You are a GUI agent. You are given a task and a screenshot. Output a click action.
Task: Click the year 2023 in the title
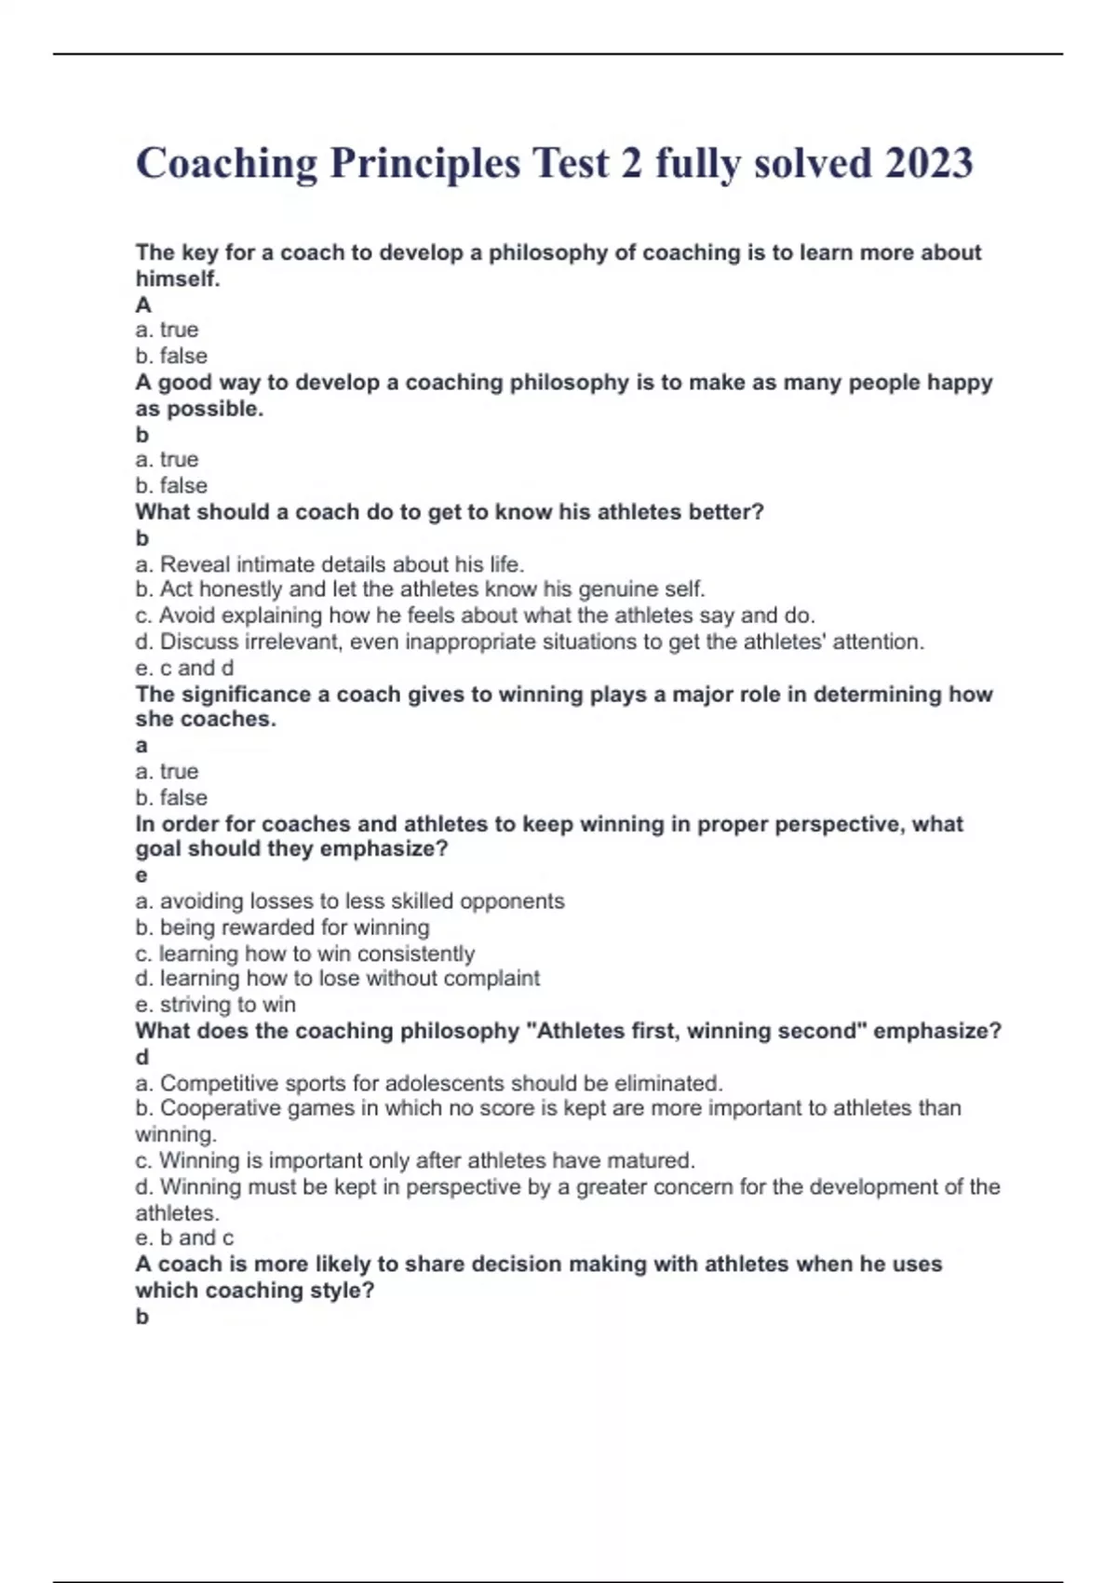tap(928, 163)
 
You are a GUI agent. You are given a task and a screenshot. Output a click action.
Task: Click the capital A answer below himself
tap(142, 304)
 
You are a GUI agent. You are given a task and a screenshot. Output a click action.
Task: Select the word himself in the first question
tap(177, 278)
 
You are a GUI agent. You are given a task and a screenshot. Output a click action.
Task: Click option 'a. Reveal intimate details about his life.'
tap(330, 564)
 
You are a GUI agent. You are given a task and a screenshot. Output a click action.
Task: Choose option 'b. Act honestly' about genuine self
tap(420, 589)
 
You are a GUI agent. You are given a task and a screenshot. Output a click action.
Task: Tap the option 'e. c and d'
tap(184, 668)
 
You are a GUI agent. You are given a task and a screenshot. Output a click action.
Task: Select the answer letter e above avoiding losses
tap(141, 874)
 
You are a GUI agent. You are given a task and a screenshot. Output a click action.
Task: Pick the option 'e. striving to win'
tap(215, 1005)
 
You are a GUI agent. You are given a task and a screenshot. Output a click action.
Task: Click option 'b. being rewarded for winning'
tap(282, 927)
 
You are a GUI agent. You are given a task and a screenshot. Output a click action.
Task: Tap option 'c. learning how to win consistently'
tap(304, 954)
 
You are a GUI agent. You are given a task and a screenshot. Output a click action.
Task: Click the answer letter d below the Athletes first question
tap(141, 1057)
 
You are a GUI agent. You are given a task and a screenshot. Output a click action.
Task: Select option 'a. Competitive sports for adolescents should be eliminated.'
tap(428, 1083)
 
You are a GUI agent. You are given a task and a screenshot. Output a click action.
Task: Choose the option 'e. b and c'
tap(184, 1238)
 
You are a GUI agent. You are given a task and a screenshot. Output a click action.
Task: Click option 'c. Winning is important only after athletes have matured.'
tap(415, 1160)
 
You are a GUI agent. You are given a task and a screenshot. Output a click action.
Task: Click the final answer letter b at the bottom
tap(141, 1316)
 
